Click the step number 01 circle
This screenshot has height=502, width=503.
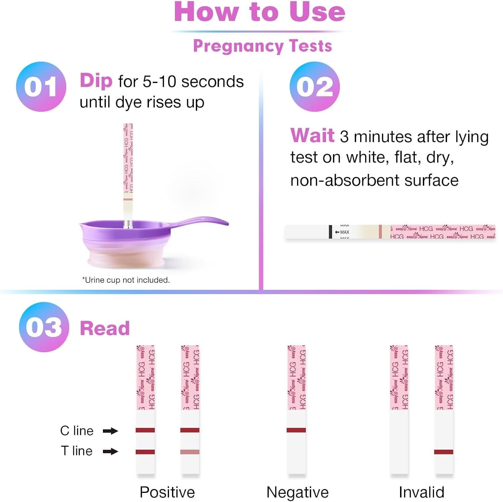(41, 86)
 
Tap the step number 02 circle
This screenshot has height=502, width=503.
(315, 86)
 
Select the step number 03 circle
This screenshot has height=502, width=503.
(44, 327)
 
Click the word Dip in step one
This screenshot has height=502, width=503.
(96, 81)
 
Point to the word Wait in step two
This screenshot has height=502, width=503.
(312, 136)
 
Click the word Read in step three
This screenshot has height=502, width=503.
(105, 328)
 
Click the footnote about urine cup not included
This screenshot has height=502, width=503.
(126, 280)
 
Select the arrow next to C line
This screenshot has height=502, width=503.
(110, 431)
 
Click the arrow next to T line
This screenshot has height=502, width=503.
(110, 451)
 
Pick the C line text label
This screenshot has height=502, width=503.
(77, 431)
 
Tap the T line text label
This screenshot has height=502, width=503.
(77, 451)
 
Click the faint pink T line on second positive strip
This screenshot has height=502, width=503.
(190, 452)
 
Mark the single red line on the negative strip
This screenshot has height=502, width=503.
(296, 430)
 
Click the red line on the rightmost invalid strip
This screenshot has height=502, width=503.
(443, 452)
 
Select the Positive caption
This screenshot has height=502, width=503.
(167, 492)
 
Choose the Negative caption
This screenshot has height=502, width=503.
(297, 492)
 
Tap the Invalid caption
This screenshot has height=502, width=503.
(421, 492)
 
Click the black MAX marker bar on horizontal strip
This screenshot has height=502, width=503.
(331, 232)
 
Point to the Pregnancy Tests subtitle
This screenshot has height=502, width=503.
(262, 46)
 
